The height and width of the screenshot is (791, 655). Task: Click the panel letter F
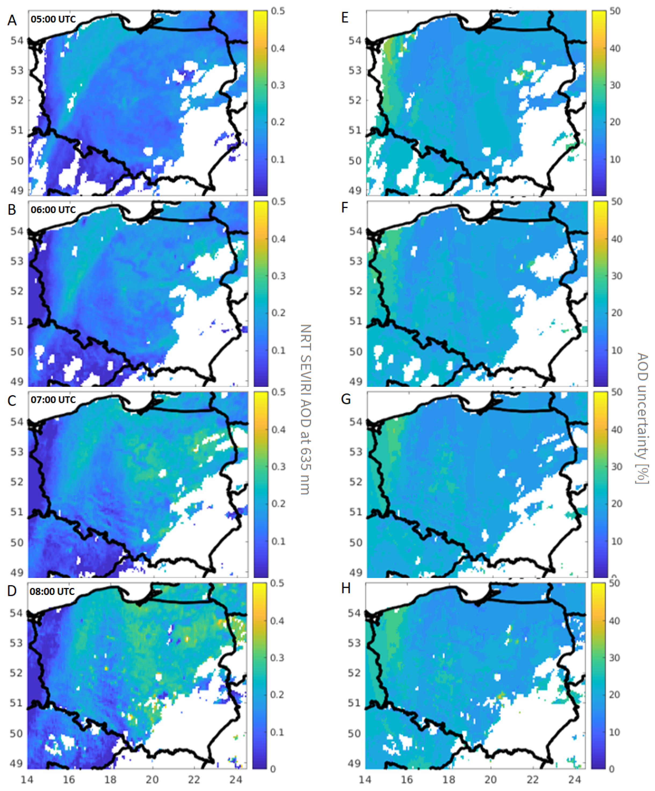344,208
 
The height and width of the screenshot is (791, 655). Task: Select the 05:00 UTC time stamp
53,19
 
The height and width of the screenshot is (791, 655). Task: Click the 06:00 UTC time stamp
53,210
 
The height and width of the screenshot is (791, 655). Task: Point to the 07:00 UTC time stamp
53,400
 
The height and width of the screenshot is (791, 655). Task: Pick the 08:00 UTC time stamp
52,591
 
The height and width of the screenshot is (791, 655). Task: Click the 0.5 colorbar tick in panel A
278,11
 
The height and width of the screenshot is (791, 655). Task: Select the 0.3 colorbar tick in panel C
278,466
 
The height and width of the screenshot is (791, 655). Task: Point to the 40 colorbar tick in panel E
615,48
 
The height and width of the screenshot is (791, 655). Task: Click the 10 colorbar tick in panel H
614,732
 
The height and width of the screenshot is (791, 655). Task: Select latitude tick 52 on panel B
17,291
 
